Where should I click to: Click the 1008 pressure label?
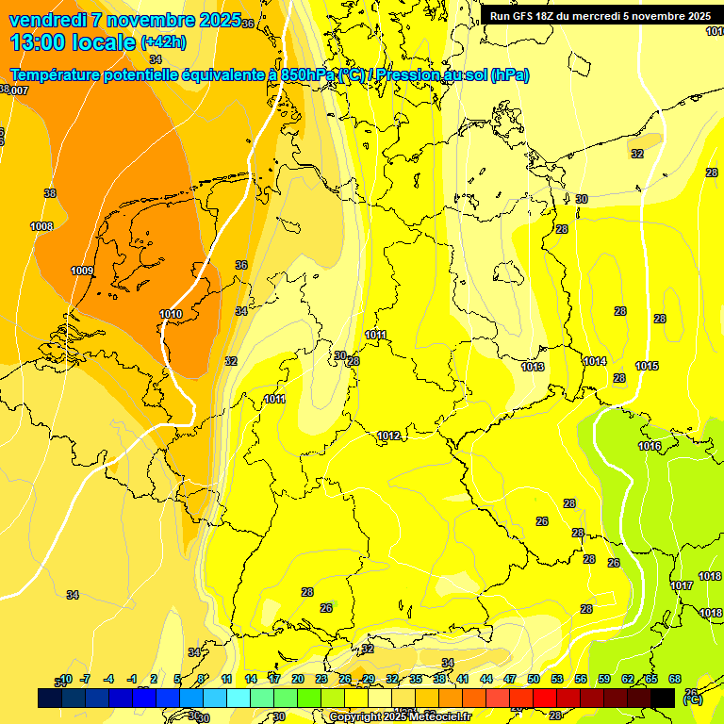(x=41, y=226)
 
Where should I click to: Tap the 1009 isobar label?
(x=82, y=271)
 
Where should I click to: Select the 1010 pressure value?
(x=171, y=314)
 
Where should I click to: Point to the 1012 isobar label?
(x=388, y=436)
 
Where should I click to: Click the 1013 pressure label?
(x=533, y=367)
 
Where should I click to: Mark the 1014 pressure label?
(x=595, y=361)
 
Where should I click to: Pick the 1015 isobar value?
(x=647, y=366)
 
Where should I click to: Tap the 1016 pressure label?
(x=650, y=446)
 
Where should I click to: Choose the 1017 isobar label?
(x=682, y=585)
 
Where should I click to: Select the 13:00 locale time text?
(x=73, y=42)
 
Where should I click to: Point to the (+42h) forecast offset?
(x=163, y=42)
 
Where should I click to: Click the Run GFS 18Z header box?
(x=601, y=15)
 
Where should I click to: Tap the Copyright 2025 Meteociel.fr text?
(x=400, y=716)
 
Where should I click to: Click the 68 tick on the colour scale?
(x=675, y=679)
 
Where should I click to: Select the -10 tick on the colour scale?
(x=65, y=679)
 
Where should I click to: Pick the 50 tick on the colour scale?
(x=534, y=679)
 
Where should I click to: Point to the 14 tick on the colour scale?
(x=251, y=679)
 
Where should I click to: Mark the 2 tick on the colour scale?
(x=155, y=679)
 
